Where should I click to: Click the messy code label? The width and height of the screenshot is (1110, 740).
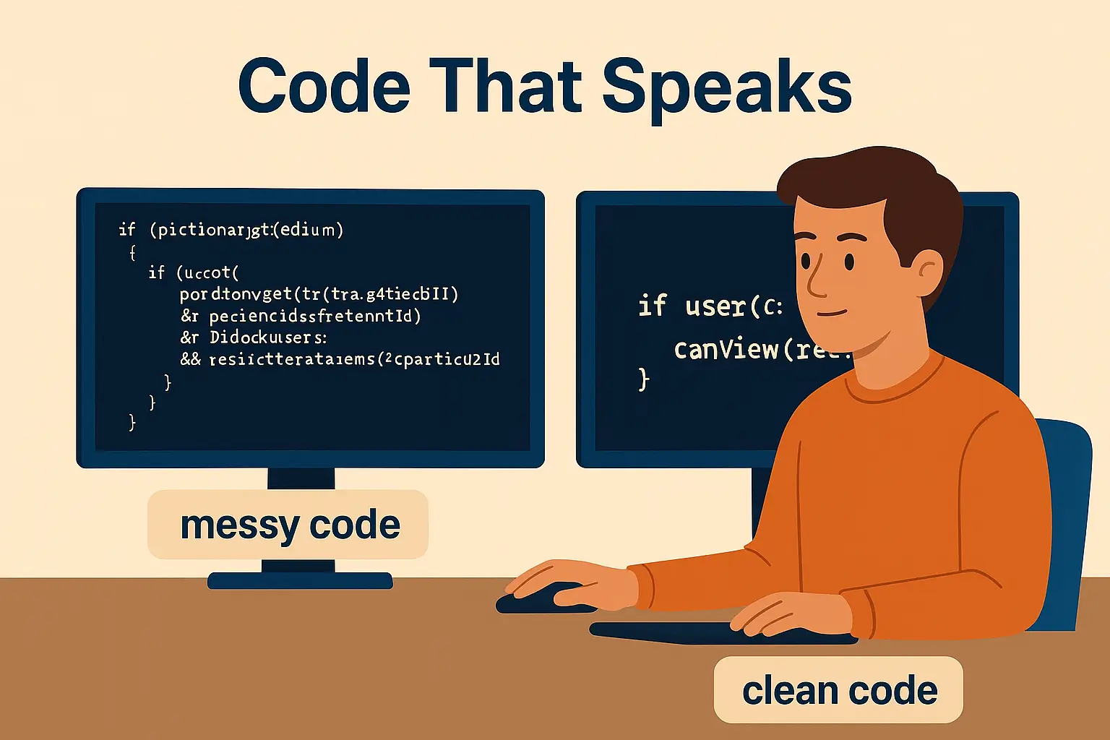point(289,525)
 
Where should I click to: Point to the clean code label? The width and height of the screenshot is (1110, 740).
point(839,690)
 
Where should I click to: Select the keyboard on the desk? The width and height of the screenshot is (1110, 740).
point(723,632)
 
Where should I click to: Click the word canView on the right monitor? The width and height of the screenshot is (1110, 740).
point(726,350)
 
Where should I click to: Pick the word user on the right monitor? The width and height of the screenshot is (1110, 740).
point(715,306)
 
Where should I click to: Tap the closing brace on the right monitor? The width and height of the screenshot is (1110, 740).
point(643,379)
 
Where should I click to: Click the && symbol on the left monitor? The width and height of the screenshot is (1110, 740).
point(191,359)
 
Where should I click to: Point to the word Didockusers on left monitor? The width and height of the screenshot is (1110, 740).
point(267,337)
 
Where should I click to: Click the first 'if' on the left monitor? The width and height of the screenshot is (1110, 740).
point(126,230)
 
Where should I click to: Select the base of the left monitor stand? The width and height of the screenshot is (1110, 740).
point(300,580)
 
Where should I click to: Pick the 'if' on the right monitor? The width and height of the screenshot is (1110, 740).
point(653,306)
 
